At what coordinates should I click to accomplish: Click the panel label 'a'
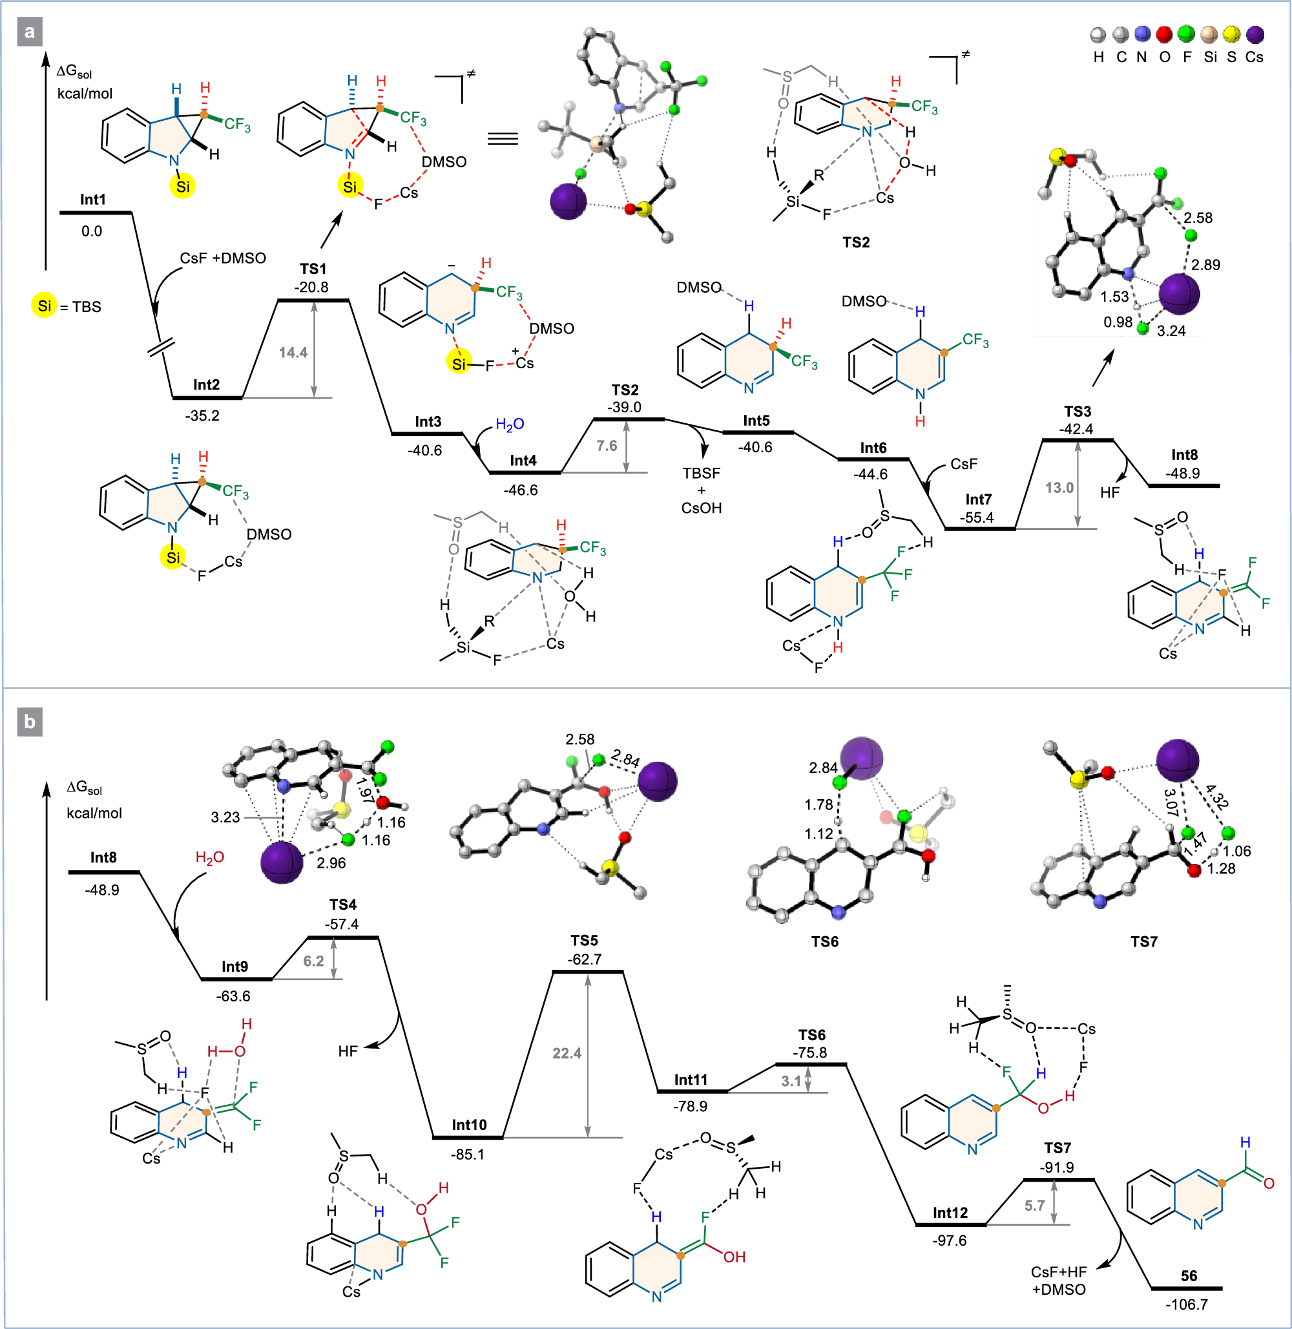coord(29,32)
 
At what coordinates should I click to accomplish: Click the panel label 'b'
coord(29,722)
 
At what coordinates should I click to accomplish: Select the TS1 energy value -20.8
coord(311,287)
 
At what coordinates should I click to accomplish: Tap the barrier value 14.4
coord(293,352)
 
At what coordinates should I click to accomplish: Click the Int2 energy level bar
coord(207,398)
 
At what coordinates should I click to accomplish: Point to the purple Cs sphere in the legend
coord(1254,35)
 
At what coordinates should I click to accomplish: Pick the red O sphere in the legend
coord(1165,35)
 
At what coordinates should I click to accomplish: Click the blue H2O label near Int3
coord(510,424)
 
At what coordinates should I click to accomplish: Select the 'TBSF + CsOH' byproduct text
coord(702,490)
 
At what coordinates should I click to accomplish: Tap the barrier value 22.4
coord(567,1052)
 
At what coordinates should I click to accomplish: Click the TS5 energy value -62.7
coord(584,959)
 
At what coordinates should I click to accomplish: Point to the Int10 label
coord(469,1125)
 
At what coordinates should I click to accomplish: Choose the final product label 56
coord(1189,1275)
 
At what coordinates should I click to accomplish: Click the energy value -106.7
coord(1186,1304)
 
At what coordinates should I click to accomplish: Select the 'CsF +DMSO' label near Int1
coord(223,258)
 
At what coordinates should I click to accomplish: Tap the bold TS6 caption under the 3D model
coord(824,941)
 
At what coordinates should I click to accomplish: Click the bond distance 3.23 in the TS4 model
coord(225,817)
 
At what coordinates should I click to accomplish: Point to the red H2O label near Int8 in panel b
coord(210,858)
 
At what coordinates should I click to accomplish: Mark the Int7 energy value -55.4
coord(977,518)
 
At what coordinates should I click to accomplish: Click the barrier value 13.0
coord(1059,488)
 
